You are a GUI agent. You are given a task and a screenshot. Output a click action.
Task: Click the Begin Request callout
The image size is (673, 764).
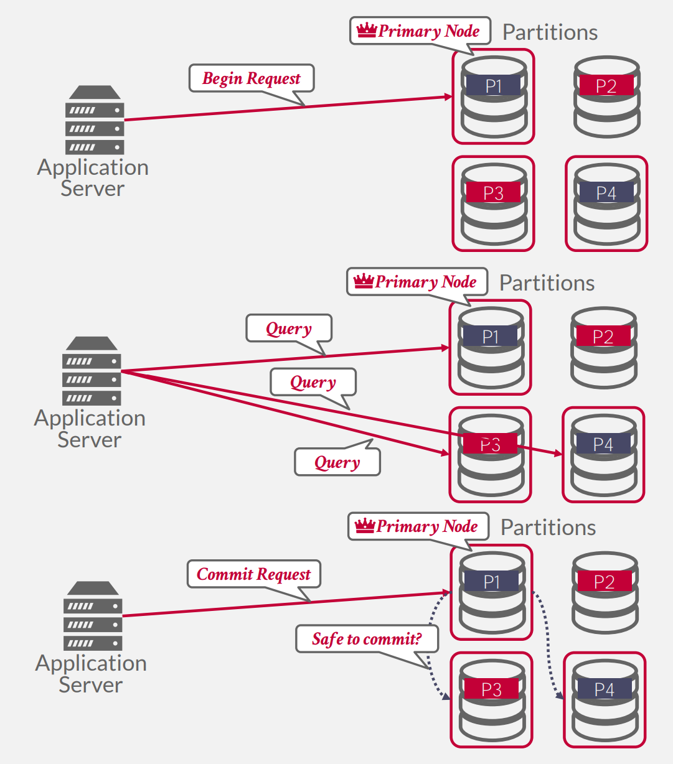[x=252, y=78]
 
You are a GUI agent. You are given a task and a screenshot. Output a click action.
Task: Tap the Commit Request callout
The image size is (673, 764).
[x=253, y=574]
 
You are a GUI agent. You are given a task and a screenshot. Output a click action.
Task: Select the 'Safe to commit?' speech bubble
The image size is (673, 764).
[x=367, y=639]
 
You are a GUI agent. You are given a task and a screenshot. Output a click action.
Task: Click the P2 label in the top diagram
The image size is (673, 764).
[x=606, y=86]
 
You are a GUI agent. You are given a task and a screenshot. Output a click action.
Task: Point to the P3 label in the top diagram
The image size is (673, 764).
[x=493, y=193]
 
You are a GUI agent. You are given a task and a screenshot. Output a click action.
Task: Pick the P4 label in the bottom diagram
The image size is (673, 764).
[x=604, y=689]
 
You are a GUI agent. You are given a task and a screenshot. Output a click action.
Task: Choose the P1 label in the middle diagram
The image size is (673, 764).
[x=491, y=337]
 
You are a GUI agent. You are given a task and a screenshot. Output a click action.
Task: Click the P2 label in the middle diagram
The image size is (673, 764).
[x=603, y=337]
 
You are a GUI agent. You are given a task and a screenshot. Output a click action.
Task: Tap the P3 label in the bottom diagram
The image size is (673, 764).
[x=491, y=689]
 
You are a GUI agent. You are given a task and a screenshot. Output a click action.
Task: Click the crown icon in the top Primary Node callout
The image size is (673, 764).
[x=367, y=30]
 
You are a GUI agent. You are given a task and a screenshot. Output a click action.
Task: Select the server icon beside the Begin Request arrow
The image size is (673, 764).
[x=95, y=120]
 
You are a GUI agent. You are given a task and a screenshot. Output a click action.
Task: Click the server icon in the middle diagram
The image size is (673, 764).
[x=92, y=371]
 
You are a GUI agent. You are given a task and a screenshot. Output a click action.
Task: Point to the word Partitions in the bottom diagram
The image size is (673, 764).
[x=548, y=528]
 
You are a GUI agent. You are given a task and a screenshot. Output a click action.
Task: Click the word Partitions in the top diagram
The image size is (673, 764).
[x=550, y=32]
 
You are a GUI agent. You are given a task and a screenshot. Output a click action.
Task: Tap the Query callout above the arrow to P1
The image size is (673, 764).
[x=289, y=328]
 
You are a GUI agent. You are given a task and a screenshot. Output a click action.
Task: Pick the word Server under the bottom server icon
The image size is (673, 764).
[x=91, y=685]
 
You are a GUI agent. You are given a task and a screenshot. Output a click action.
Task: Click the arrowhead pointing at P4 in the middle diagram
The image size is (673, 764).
[x=558, y=454]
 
